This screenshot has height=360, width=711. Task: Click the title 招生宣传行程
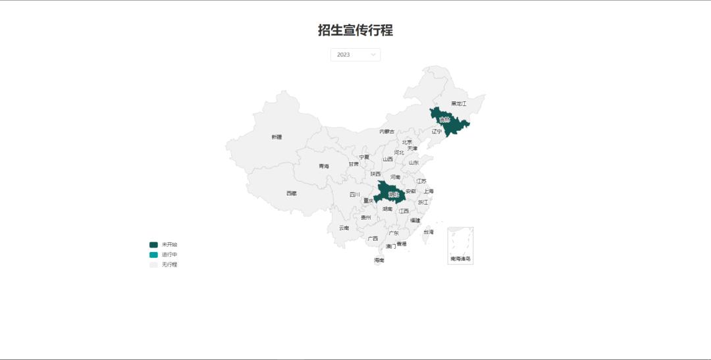click(x=355, y=30)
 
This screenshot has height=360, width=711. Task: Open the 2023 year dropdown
click(x=355, y=55)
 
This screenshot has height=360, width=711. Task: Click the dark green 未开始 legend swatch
click(x=153, y=245)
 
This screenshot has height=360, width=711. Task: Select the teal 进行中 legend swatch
click(x=153, y=255)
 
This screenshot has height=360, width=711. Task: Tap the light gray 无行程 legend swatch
click(x=153, y=265)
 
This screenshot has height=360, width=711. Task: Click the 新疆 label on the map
click(x=276, y=137)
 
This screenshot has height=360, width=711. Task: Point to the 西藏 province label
click(x=292, y=193)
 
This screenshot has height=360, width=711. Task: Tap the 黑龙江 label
click(x=458, y=103)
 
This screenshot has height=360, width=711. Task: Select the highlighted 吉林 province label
click(x=444, y=120)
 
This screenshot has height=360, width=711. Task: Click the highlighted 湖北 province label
click(x=394, y=195)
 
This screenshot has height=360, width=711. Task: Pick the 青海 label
click(x=324, y=167)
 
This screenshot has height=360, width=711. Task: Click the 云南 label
click(x=344, y=228)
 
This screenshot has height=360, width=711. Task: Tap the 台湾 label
click(x=429, y=232)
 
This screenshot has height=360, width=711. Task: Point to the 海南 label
click(x=379, y=260)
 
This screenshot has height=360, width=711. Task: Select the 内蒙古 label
click(x=387, y=132)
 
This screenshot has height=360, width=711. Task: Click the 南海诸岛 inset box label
click(x=460, y=259)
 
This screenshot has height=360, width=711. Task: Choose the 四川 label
click(x=355, y=195)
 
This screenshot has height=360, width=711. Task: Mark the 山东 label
click(x=413, y=163)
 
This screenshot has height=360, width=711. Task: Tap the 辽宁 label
click(x=437, y=132)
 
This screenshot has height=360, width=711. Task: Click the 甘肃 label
click(x=354, y=164)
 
